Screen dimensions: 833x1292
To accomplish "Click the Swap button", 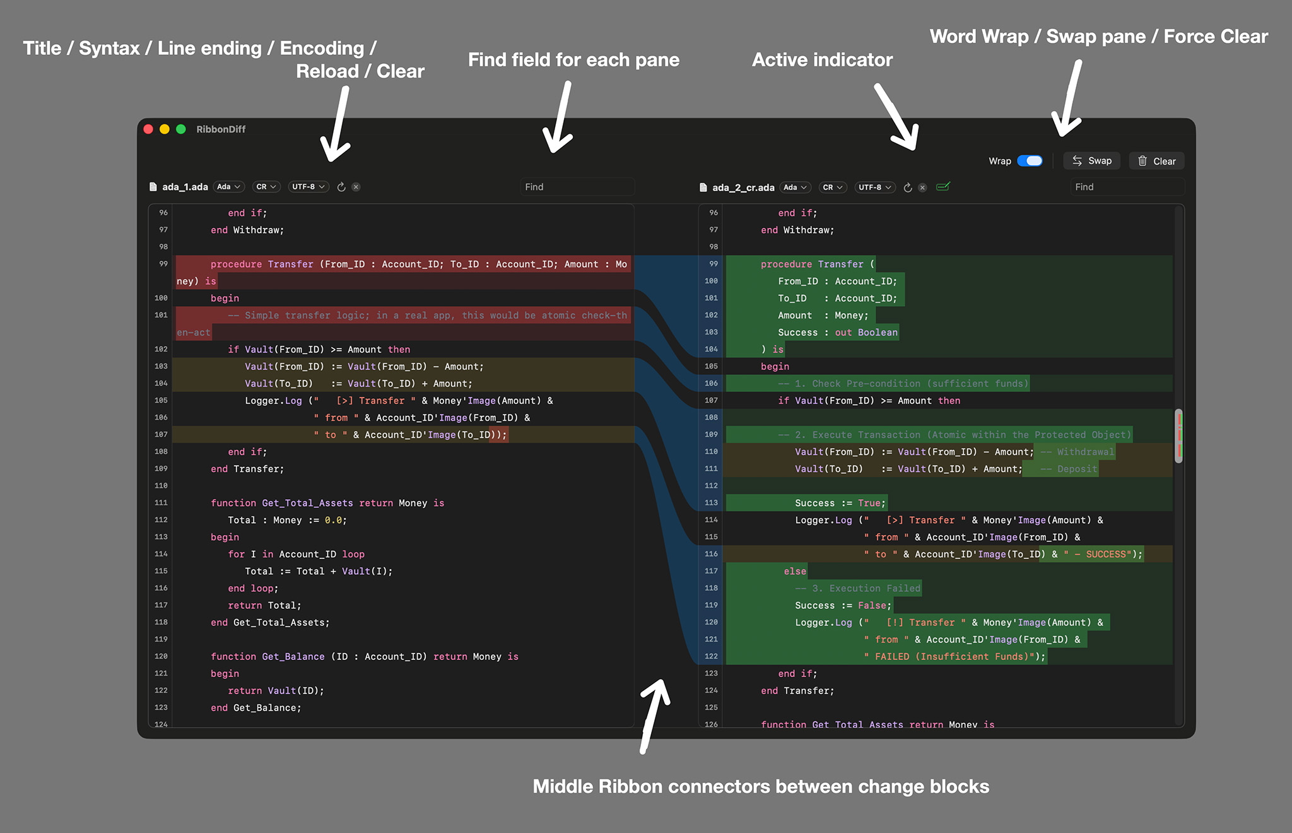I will click(1092, 161).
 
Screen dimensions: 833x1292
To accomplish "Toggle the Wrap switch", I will click(1030, 161).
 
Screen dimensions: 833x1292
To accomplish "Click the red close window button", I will click(149, 129).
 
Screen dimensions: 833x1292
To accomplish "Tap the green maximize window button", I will click(181, 129).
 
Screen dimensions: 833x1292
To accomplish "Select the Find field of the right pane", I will click(1127, 187).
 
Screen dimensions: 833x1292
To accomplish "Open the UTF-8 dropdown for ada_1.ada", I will click(308, 187).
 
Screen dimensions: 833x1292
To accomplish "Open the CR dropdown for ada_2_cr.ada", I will click(833, 187).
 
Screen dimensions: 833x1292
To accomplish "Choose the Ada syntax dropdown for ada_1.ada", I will click(228, 187).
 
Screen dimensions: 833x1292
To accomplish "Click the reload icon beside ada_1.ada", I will click(341, 187).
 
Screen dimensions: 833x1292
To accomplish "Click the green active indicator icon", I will click(943, 187).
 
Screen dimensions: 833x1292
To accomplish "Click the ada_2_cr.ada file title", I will click(743, 187).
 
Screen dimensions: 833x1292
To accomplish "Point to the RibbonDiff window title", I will click(221, 129).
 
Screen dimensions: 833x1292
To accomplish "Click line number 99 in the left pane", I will click(163, 264).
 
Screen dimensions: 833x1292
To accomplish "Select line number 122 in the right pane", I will click(711, 656).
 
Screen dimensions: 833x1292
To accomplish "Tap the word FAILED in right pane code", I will click(892, 656).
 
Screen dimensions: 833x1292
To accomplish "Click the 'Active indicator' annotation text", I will click(822, 60).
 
